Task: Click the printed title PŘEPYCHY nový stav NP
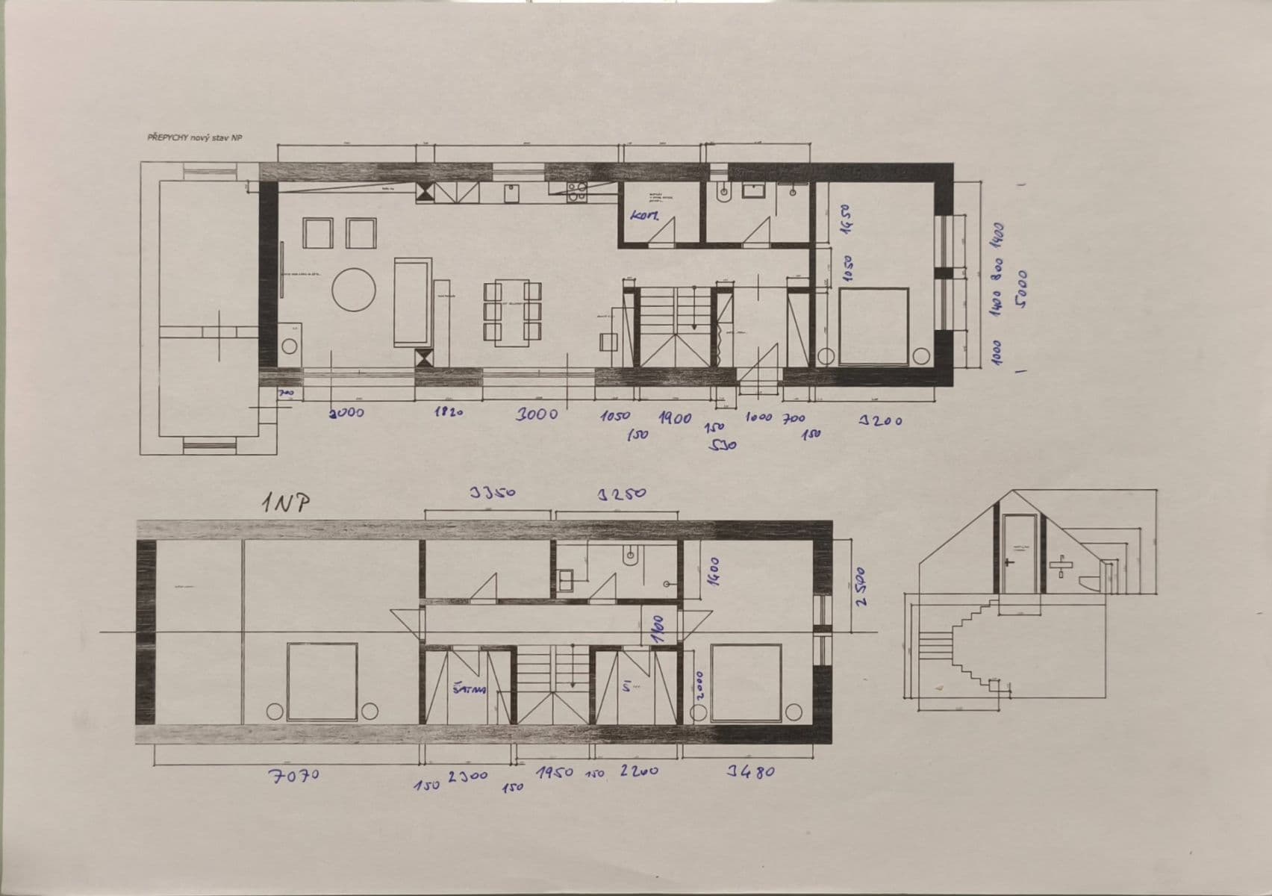tap(195, 137)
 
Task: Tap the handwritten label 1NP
tap(285, 503)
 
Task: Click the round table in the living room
tap(354, 290)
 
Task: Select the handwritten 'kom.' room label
tap(643, 217)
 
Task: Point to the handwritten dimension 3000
tap(537, 414)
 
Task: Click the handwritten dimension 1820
tap(448, 412)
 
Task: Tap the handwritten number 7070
tap(294, 775)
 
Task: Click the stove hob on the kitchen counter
tap(576, 193)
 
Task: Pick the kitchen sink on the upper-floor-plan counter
tap(511, 192)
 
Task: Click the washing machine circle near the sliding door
tap(290, 346)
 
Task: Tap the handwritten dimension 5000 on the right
tap(1021, 287)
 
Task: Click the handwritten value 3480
tap(751, 771)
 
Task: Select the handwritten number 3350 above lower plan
tap(493, 493)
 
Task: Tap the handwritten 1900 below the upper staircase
tap(675, 418)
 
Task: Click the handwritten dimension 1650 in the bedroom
tap(847, 220)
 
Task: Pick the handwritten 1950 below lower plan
tap(555, 773)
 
